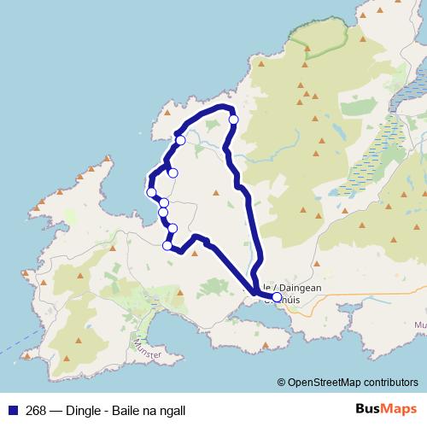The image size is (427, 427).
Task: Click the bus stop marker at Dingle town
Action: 277,298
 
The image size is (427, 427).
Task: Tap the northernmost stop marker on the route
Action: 233,120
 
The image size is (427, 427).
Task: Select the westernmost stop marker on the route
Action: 151,192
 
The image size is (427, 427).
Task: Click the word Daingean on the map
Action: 298,289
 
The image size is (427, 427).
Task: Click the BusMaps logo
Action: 386,408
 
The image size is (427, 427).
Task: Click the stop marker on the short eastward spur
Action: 173,173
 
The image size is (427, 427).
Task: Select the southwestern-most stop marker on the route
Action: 167,246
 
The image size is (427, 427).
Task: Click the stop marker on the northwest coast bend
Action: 180,140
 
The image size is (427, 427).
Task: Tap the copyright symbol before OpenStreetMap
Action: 282,383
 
